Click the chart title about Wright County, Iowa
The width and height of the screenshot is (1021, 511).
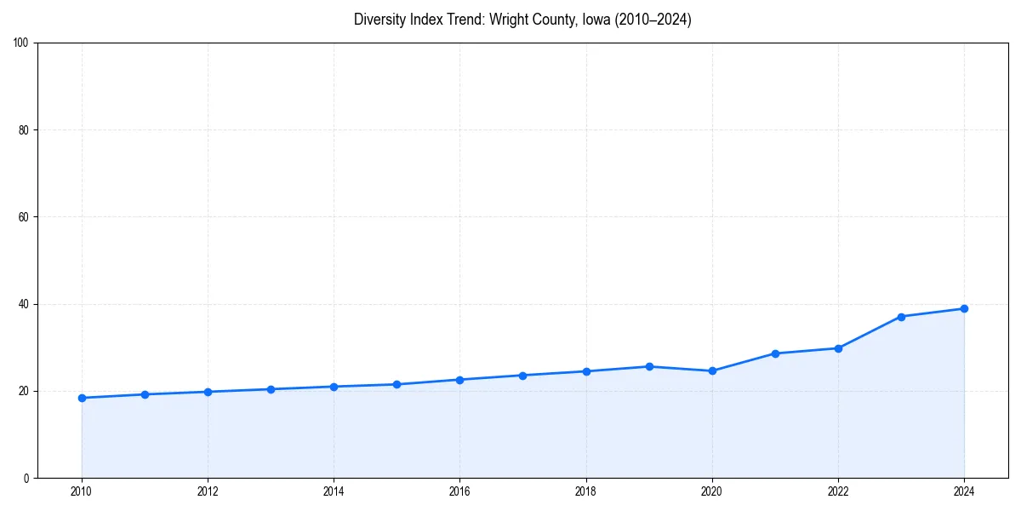522,20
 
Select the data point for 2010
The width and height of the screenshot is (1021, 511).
82,398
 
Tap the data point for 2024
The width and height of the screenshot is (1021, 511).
964,308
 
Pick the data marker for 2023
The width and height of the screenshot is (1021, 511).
901,317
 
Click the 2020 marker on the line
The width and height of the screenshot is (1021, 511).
712,370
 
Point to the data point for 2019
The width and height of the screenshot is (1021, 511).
649,366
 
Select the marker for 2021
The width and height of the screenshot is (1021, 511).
775,353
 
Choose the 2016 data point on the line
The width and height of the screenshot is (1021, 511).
459,380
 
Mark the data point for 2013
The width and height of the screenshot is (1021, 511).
271,389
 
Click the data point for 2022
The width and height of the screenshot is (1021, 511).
838,348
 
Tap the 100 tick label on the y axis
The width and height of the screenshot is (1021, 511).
22,43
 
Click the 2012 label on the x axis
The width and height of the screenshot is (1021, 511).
208,491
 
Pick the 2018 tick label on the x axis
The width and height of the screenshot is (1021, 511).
585,491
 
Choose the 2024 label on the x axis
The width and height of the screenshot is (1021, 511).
964,491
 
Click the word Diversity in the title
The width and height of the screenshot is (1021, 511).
379,20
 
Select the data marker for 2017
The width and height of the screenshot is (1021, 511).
522,376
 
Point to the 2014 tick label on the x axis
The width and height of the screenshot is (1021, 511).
334,491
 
